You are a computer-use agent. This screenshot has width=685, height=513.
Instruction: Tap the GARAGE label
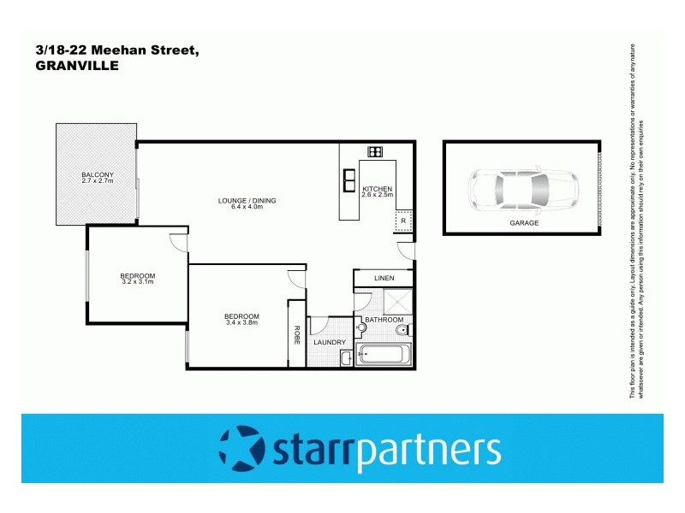point(524,223)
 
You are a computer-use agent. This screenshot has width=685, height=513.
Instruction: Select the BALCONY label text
point(98,174)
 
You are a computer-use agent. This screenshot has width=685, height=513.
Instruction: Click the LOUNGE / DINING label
point(247,201)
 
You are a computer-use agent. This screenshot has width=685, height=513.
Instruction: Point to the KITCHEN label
point(377,188)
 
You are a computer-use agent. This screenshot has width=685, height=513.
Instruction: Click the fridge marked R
point(402,221)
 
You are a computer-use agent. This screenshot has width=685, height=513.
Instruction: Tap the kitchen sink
point(349,179)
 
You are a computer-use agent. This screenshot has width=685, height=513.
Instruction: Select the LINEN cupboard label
point(384,279)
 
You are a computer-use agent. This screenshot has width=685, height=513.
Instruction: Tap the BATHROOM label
point(383,320)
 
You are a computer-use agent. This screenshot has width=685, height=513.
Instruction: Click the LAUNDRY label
point(330,343)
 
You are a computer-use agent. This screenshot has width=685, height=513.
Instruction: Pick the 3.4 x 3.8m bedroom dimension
point(241,322)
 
